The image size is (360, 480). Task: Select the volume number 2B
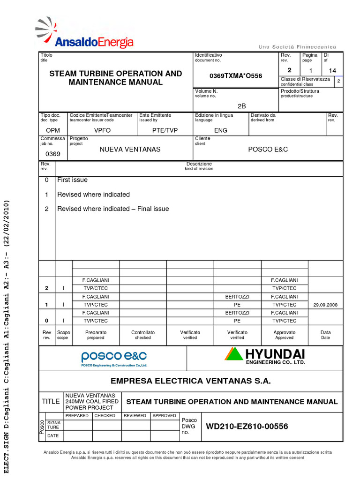(241, 106)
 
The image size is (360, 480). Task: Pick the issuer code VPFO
(103, 130)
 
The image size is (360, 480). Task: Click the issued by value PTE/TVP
(165, 130)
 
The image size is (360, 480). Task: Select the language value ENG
(220, 130)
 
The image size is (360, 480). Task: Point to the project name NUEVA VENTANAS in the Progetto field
(130, 149)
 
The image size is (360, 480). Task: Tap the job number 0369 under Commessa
(52, 154)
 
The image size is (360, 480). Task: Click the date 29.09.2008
(325, 305)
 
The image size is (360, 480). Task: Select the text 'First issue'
(72, 180)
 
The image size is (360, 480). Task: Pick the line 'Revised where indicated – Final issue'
(112, 209)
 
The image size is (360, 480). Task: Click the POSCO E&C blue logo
(114, 358)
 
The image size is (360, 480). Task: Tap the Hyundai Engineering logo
(265, 356)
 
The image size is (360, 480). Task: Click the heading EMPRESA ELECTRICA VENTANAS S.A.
(190, 381)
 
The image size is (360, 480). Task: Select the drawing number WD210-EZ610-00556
(247, 427)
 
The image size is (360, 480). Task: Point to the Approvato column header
(284, 335)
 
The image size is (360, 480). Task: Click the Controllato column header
(143, 335)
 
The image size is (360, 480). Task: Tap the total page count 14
(332, 70)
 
